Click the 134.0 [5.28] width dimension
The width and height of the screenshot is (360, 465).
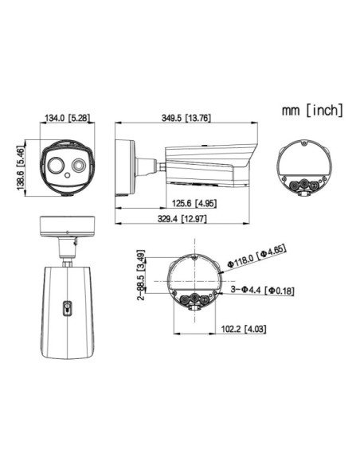point(67,118)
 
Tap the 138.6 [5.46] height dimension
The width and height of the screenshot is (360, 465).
point(21,167)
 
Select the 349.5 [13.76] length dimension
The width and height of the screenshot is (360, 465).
point(186,118)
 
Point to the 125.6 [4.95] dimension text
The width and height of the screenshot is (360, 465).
point(194,204)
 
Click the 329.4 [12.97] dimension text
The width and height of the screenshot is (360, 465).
point(182,219)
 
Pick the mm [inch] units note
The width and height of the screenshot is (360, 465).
point(312,110)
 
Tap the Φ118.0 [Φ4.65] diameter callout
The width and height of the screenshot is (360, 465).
point(256,256)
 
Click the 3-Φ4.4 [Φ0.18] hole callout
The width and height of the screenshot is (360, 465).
point(263,290)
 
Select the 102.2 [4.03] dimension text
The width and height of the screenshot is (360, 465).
point(244,329)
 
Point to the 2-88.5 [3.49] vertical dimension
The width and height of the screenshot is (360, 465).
point(142,275)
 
